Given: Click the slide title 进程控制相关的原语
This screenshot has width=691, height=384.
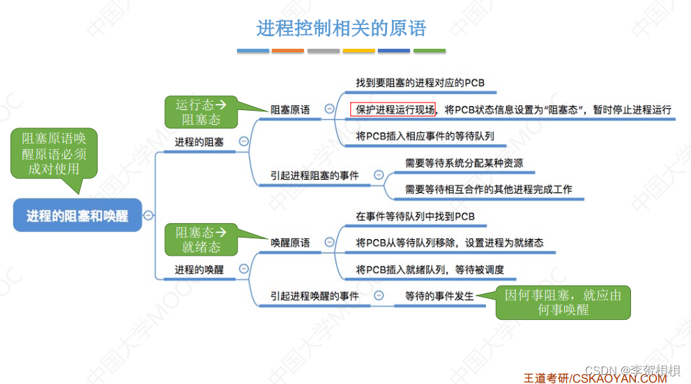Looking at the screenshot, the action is pyautogui.click(x=341, y=29).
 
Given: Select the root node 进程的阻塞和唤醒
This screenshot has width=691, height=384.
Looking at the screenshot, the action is pyautogui.click(x=77, y=215).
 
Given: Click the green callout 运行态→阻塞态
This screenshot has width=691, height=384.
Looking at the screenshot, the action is pyautogui.click(x=197, y=112).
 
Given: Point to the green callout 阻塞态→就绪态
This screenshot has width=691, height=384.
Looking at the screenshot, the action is pyautogui.click(x=197, y=240).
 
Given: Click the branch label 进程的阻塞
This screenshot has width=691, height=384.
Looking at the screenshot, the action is pyautogui.click(x=199, y=141).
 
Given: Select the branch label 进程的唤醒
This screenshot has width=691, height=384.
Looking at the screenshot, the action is pyautogui.click(x=199, y=269).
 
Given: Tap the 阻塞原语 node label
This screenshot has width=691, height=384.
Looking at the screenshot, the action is pyautogui.click(x=290, y=109).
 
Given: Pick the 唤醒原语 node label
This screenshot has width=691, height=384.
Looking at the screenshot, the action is pyautogui.click(x=290, y=243).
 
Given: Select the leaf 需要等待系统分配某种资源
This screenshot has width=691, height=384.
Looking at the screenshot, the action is pyautogui.click(x=464, y=163).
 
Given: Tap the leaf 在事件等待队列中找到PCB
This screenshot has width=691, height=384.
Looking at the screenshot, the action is pyautogui.click(x=415, y=217).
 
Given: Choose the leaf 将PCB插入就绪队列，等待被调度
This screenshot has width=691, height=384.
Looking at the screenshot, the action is pyautogui.click(x=430, y=270).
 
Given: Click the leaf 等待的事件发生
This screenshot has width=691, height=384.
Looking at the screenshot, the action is pyautogui.click(x=439, y=295).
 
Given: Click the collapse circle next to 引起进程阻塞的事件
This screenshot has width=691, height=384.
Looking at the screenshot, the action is pyautogui.click(x=379, y=175).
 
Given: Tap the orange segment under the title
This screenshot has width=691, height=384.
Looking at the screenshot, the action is pyautogui.click(x=288, y=51).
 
